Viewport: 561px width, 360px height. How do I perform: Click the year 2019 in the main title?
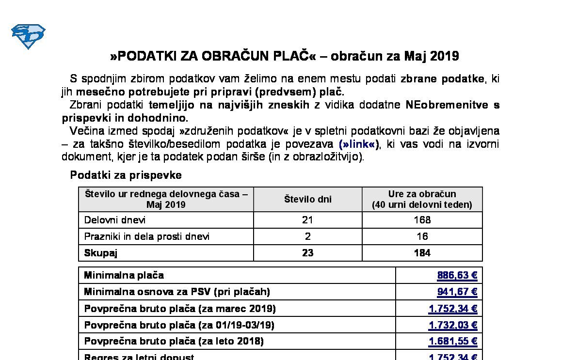[444, 56]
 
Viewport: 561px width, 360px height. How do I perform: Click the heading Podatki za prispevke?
[126, 175]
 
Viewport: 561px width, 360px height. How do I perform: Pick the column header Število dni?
[307, 199]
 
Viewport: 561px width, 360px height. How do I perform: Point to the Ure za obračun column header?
[422, 199]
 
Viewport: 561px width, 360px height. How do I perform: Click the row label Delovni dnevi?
[115, 220]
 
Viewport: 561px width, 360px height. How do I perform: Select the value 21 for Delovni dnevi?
[307, 220]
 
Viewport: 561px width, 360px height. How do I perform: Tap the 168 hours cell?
[422, 220]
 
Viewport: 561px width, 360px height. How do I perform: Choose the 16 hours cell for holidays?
[422, 236]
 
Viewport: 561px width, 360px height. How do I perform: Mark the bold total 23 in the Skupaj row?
[307, 253]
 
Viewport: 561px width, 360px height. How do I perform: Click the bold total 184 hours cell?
[422, 253]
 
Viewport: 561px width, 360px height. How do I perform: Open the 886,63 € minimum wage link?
[457, 276]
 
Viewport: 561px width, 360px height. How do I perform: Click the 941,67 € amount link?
[457, 292]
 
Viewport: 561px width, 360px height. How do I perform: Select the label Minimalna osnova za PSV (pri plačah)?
[177, 292]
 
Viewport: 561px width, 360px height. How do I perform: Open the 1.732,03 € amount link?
[453, 325]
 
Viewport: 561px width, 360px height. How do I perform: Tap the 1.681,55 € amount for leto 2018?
[453, 342]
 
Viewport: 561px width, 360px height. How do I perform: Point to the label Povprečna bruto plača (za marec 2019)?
[180, 309]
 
